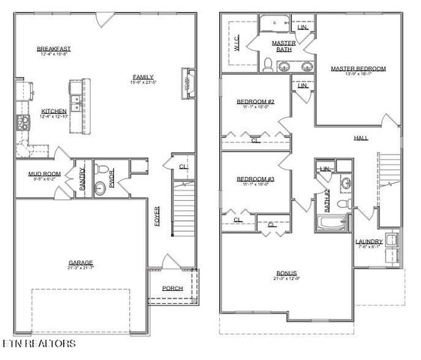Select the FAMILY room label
tap(143, 76)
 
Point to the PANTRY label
tap(83, 177)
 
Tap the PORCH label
tap(173, 288)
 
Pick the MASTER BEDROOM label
tap(358, 68)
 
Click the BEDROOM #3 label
tap(256, 178)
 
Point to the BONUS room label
tap(286, 273)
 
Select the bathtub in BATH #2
tap(331, 224)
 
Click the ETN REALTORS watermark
tap(39, 344)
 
